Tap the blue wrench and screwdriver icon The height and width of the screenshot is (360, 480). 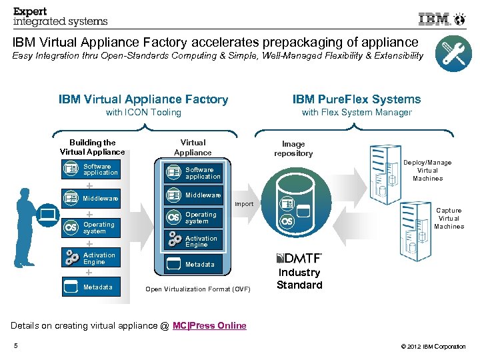click(453, 54)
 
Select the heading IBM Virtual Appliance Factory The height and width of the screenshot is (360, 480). click(143, 99)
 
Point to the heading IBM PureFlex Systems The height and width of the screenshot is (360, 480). click(357, 99)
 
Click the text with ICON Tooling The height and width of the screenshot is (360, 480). click(143, 113)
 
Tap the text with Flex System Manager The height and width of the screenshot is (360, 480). click(357, 113)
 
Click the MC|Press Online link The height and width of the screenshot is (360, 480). click(209, 325)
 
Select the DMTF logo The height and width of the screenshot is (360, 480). click(299, 258)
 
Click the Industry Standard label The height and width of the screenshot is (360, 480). click(299, 279)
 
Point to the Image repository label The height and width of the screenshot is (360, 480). click(293, 149)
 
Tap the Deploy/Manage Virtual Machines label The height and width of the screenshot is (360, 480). click(427, 171)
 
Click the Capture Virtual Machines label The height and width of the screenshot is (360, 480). click(449, 218)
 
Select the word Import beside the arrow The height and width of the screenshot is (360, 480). click(243, 203)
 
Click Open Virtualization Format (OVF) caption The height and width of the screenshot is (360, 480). click(198, 289)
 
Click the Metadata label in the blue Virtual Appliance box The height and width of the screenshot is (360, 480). click(200, 265)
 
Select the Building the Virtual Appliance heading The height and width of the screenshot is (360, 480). click(93, 147)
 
